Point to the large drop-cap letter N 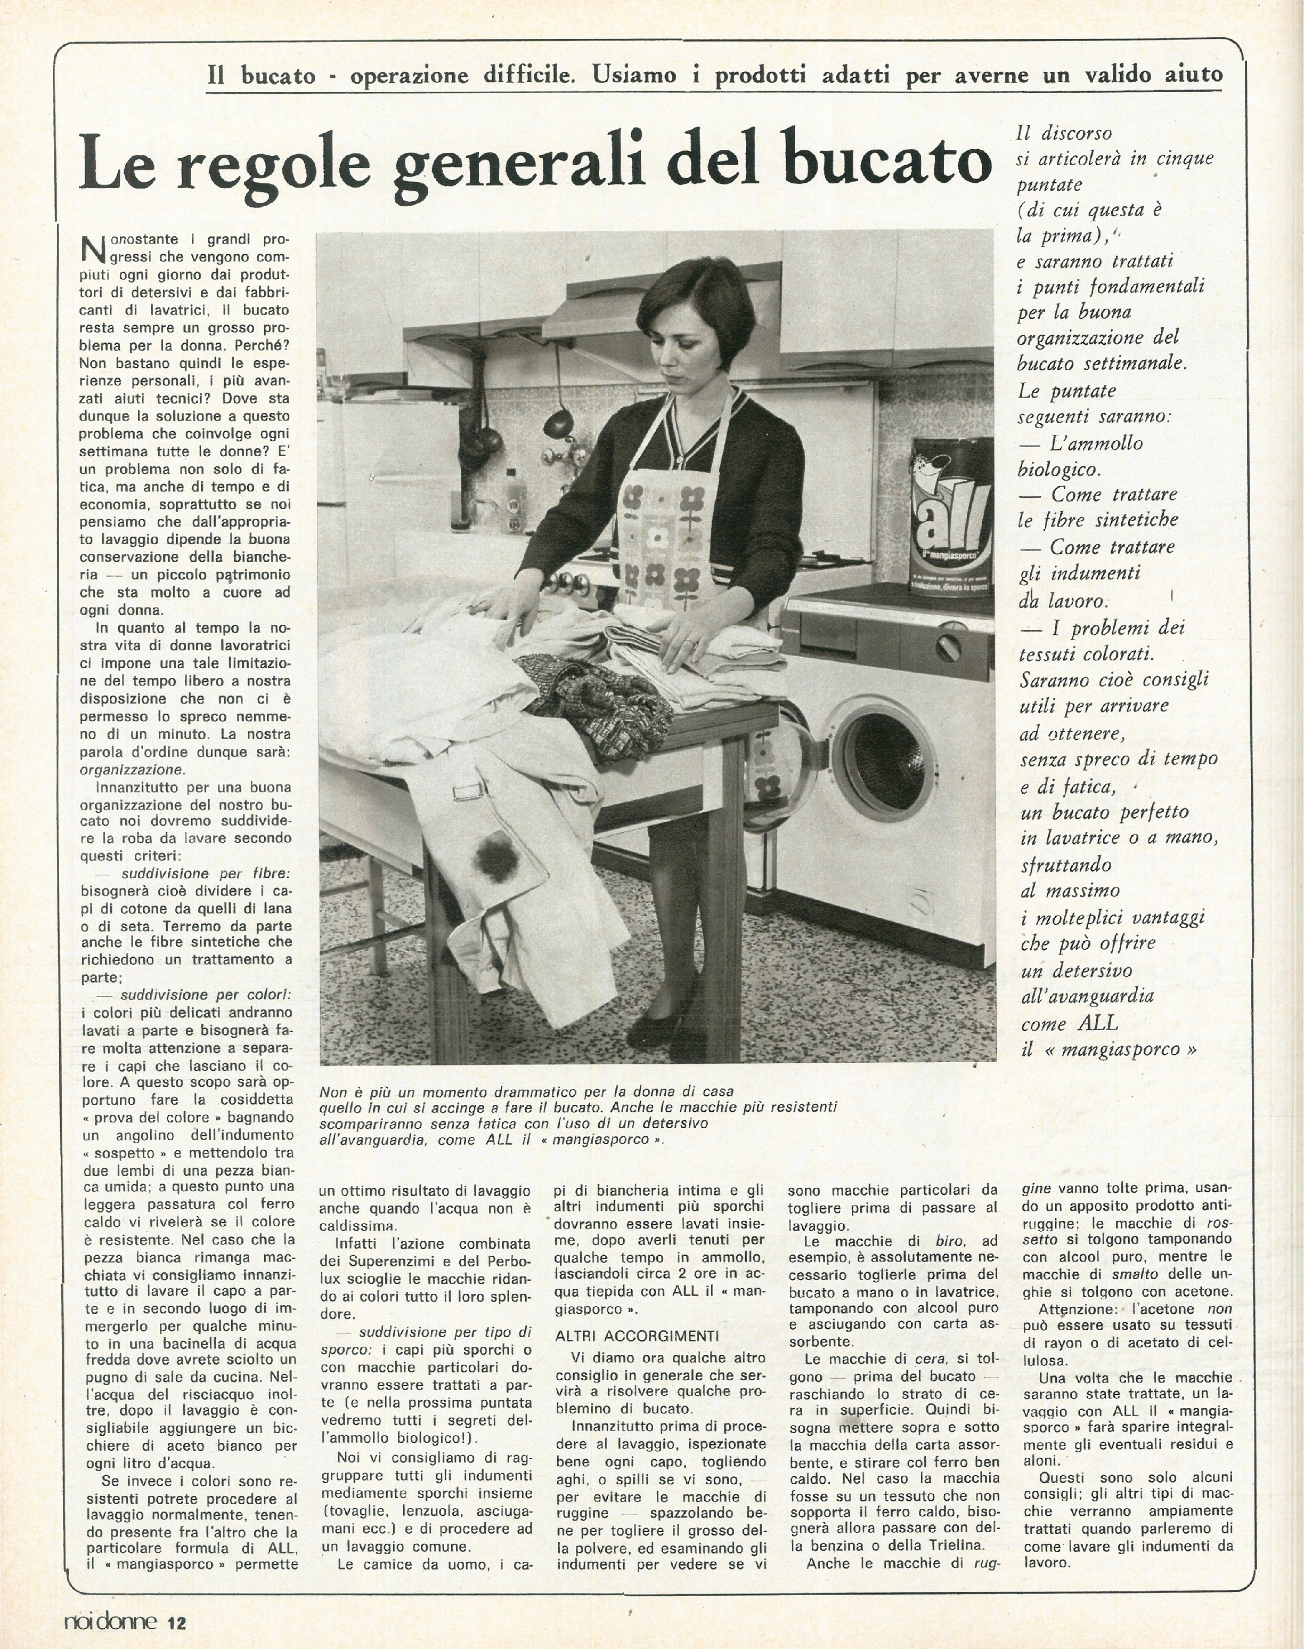[92, 248]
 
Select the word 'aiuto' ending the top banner [1191, 74]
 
